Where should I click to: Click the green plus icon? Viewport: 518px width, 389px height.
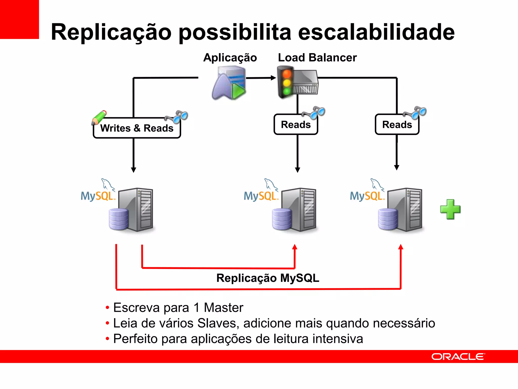[x=450, y=209]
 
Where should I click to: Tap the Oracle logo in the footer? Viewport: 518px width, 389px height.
[x=458, y=357]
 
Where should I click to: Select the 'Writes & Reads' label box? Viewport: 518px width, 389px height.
[x=137, y=128]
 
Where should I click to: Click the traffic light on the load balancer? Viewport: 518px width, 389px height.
[x=287, y=82]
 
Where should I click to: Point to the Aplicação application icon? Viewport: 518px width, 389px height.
[x=229, y=83]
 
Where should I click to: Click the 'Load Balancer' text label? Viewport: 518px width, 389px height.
[x=317, y=57]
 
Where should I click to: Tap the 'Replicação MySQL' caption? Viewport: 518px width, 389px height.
[x=268, y=278]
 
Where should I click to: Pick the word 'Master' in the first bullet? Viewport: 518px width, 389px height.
[x=223, y=308]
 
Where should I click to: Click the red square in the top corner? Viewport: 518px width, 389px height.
[x=19, y=19]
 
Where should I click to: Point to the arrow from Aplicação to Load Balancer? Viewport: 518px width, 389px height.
[x=261, y=78]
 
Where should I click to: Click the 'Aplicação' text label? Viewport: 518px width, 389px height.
[x=230, y=58]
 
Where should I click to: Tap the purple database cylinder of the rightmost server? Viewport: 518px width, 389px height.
[x=388, y=219]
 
